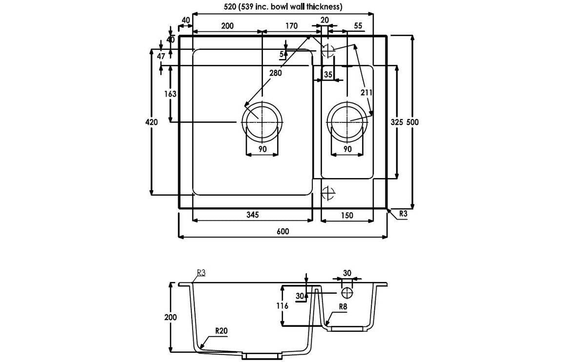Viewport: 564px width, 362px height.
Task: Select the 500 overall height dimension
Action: click(413, 122)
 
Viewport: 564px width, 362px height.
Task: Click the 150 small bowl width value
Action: click(347, 215)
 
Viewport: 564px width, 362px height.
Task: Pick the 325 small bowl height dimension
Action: click(397, 122)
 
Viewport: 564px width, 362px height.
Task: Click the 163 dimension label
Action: click(170, 94)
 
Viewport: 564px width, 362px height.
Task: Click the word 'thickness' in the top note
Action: click(324, 7)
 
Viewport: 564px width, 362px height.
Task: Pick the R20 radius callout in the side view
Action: click(221, 330)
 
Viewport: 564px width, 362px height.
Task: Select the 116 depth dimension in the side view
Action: click(282, 306)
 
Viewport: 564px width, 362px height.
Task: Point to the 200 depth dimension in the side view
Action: click(171, 317)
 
